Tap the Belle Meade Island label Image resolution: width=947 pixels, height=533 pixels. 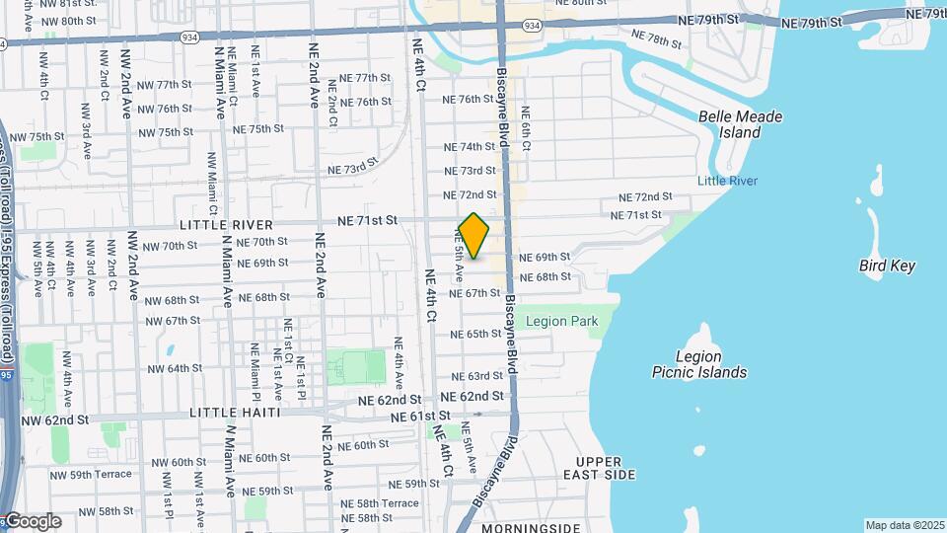[740, 124]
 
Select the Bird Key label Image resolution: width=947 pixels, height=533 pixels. [887, 266]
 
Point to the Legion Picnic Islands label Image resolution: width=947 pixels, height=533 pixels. [699, 364]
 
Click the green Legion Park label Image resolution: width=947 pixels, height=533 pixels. [561, 321]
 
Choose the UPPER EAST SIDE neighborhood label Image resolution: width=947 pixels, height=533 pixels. [606, 468]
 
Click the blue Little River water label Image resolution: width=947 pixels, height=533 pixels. [727, 181]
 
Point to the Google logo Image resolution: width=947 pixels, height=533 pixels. [32, 521]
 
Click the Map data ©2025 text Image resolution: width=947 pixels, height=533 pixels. [904, 525]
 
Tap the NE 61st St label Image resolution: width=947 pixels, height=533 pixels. [420, 418]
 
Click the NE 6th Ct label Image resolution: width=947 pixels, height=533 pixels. [526, 128]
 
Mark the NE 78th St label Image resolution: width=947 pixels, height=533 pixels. [656, 40]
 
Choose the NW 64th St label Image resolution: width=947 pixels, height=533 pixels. [175, 368]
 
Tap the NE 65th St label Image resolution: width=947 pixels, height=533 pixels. [476, 335]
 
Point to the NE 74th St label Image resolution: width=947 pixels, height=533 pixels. [469, 146]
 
